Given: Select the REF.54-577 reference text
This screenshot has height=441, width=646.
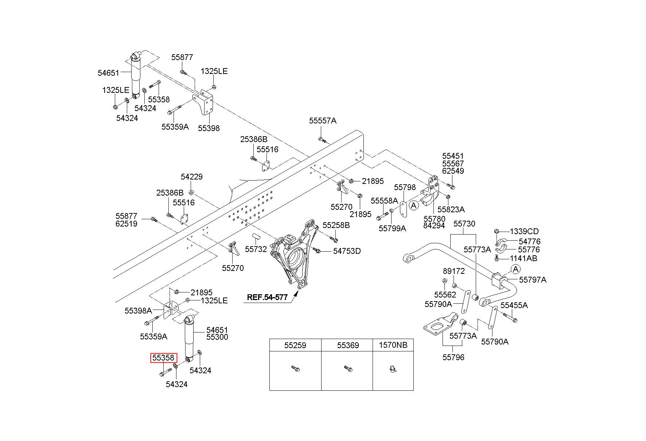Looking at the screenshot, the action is coord(267,297).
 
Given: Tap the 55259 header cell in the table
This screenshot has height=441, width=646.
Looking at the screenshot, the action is coord(295,345).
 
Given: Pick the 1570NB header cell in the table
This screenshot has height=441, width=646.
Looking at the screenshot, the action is coord(393,345).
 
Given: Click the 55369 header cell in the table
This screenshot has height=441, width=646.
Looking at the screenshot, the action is coord(347,345).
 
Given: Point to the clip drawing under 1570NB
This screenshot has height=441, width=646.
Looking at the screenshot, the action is coord(392,370).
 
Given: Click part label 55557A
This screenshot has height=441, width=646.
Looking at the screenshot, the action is coord(323,121).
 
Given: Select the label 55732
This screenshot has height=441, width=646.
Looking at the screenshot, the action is coord(256,249).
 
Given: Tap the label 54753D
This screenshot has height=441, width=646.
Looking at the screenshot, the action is coord(347,251).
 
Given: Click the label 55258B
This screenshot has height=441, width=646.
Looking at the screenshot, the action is coord(336,225).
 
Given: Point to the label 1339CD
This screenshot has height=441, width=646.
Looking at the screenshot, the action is coord(524,231).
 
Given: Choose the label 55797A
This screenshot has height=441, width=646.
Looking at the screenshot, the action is coord(533,280).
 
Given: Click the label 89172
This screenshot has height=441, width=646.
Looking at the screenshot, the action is coord(454,271).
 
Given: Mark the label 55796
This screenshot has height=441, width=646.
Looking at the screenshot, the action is coord(454,357).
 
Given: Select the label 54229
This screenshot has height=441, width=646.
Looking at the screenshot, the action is coord(192,177).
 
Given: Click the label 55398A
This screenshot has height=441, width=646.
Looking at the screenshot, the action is coord(138,311).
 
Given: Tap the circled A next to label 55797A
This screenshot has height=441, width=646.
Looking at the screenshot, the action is coord(515,269).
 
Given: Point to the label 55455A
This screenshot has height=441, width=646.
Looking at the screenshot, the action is coord(514,305).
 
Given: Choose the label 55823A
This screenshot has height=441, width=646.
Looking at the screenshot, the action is coord(451,209).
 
